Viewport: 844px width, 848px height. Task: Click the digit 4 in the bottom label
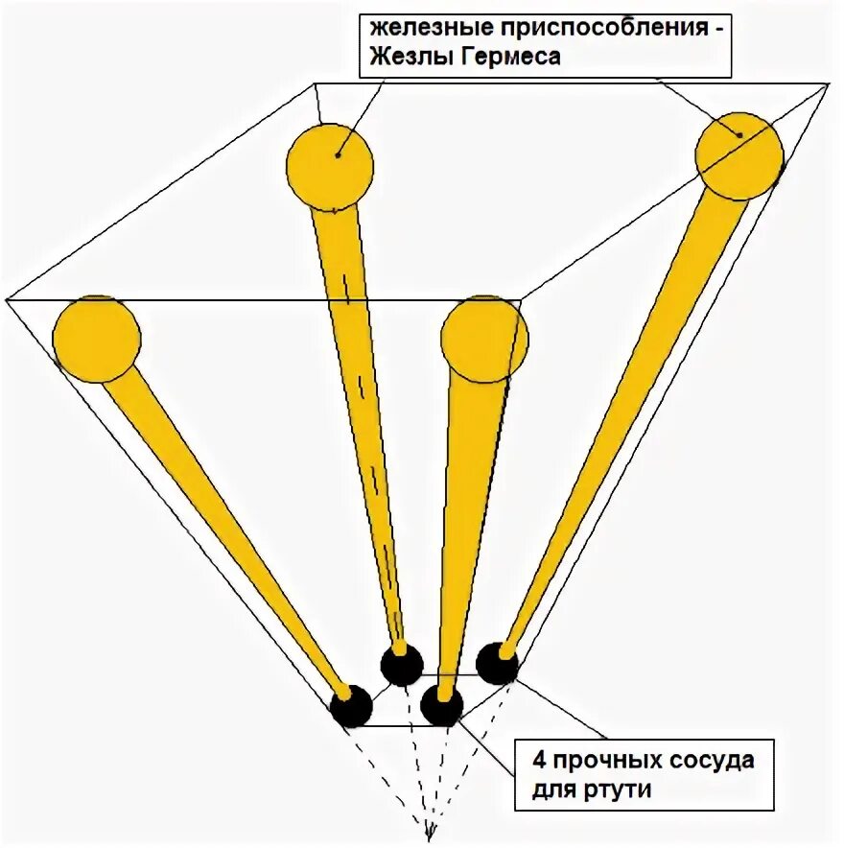539,762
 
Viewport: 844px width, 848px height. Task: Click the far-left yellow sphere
97,339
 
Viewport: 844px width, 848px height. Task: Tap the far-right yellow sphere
738,155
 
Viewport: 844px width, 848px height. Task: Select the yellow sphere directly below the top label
329,166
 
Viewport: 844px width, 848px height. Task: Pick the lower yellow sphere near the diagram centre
484,339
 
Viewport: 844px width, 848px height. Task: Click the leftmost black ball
351,706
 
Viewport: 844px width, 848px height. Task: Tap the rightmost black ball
498,663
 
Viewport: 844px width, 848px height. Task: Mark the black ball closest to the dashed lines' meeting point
441,705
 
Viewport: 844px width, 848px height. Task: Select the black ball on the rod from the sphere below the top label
401,664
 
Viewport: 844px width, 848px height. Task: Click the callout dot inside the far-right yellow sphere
739,134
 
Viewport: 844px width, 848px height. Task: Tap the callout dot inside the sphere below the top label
338,153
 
